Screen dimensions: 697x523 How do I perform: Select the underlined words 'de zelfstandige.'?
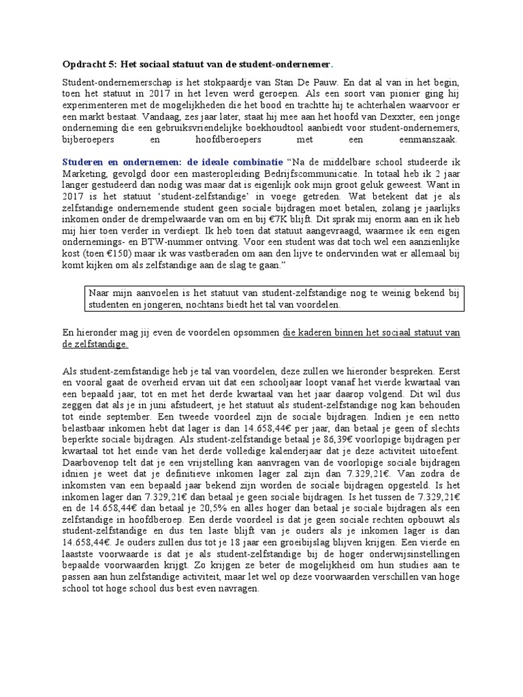[x=94, y=345]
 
